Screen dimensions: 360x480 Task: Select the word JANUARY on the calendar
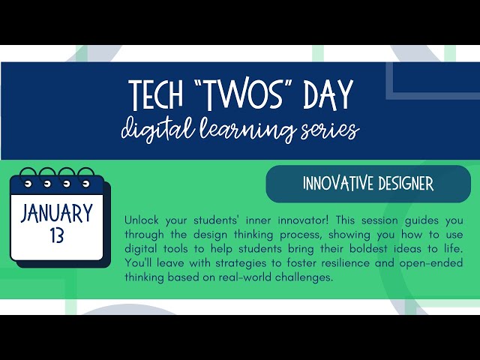click(57, 212)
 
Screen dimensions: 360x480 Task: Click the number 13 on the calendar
click(57, 237)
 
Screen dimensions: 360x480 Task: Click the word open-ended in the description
click(451, 263)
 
